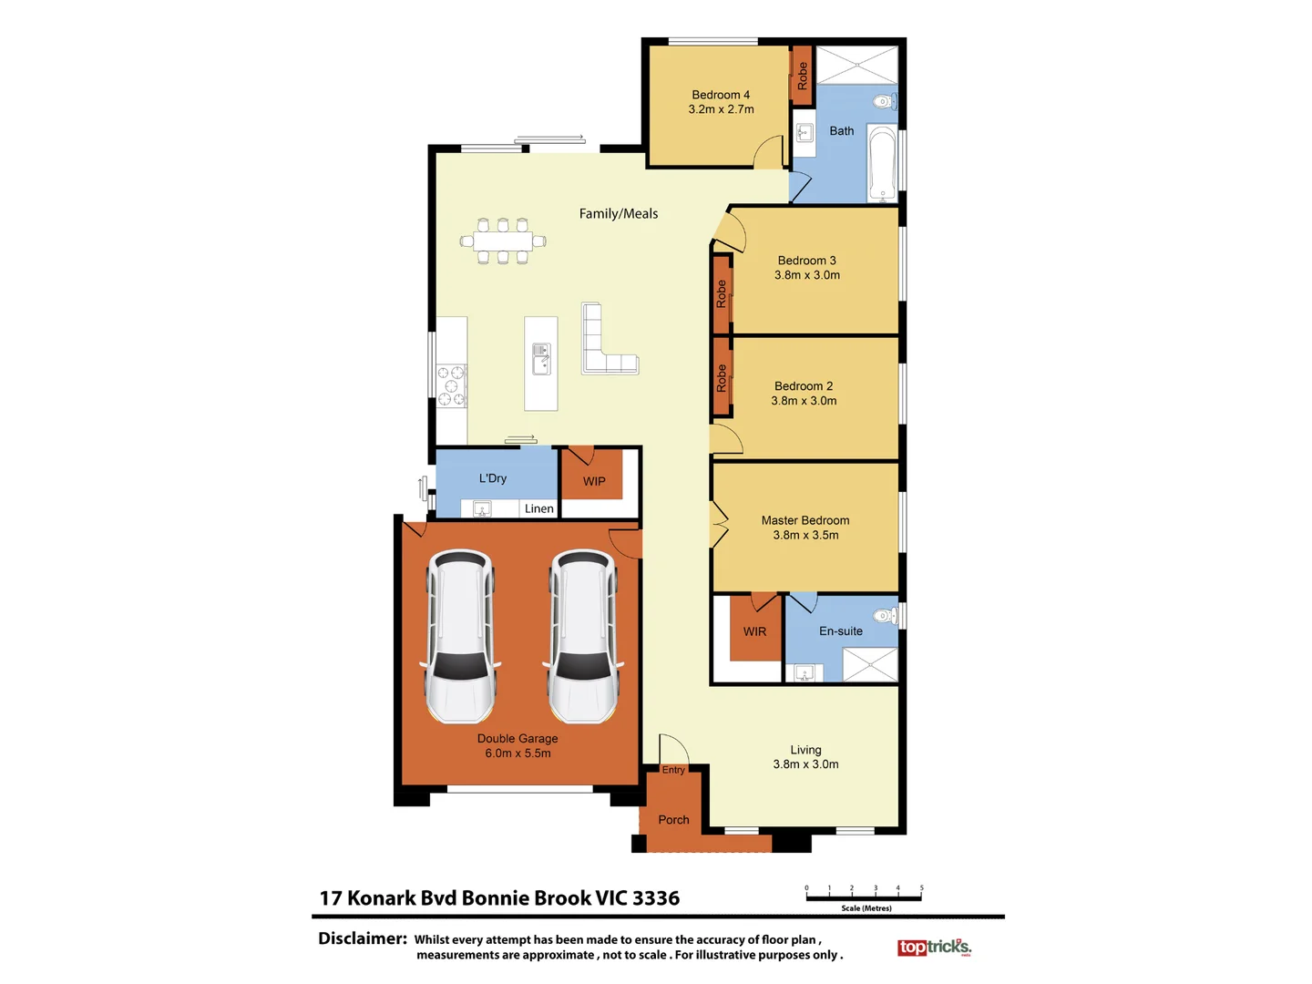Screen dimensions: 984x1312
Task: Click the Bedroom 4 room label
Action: tap(721, 95)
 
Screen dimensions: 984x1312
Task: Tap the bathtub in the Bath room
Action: tap(882, 163)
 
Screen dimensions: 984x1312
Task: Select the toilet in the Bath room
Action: tap(884, 101)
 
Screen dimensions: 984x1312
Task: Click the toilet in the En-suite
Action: tap(885, 616)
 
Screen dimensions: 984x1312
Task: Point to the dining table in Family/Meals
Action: tap(502, 241)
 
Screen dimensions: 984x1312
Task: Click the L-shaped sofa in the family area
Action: tap(606, 341)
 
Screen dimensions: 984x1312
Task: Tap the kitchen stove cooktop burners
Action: tap(451, 385)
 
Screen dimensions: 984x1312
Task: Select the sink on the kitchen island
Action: tap(541, 359)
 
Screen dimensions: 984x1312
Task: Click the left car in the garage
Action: tap(461, 635)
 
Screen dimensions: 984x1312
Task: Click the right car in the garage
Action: tap(583, 635)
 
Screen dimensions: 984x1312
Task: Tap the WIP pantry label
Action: tap(594, 481)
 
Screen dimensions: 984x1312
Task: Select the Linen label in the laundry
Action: tap(538, 508)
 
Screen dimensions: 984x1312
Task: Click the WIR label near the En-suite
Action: tap(754, 631)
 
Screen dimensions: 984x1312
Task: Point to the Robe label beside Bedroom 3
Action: tap(722, 293)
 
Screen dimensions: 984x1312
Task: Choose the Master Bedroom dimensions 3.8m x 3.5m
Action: tap(805, 535)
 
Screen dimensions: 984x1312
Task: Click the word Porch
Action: tap(673, 820)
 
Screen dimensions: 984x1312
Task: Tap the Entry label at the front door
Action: tap(673, 770)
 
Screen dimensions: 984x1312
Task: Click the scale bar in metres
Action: tap(864, 897)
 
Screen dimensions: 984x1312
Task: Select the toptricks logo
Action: tap(934, 948)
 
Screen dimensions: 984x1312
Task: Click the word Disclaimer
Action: tap(362, 938)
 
